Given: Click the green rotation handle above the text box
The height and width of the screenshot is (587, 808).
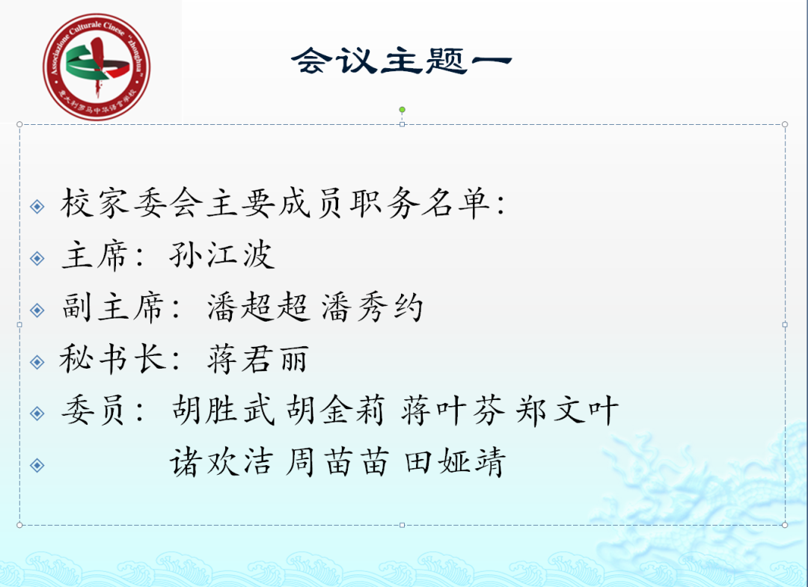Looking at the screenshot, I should [402, 110].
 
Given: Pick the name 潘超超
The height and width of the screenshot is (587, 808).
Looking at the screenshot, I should [258, 308].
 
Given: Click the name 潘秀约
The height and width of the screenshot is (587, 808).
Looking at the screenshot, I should [373, 308].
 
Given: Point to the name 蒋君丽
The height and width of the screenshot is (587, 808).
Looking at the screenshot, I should [257, 360].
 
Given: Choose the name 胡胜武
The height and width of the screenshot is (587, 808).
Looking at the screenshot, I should [222, 411].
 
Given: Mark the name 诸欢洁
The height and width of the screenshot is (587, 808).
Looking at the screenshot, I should [222, 463].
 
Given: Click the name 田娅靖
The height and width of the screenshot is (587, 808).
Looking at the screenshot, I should [455, 463].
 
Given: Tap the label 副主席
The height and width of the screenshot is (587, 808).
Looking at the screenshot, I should [112, 308].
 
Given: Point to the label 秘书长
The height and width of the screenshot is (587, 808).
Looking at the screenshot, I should [112, 360].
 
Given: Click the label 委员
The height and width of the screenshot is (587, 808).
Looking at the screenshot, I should [95, 411].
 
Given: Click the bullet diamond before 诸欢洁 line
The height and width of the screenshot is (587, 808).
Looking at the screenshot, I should [37, 465].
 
